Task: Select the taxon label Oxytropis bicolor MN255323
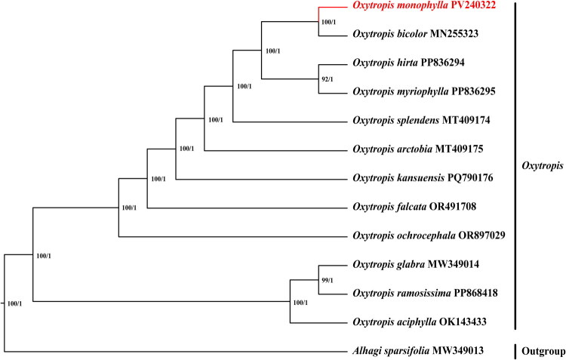(x=413, y=35)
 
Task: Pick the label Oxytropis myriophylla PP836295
(x=421, y=92)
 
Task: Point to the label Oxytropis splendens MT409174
(x=417, y=121)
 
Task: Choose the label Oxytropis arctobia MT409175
(x=412, y=149)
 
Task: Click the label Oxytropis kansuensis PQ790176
(x=418, y=178)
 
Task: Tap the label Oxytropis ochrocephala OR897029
(x=427, y=235)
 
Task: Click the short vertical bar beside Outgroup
(x=516, y=351)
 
